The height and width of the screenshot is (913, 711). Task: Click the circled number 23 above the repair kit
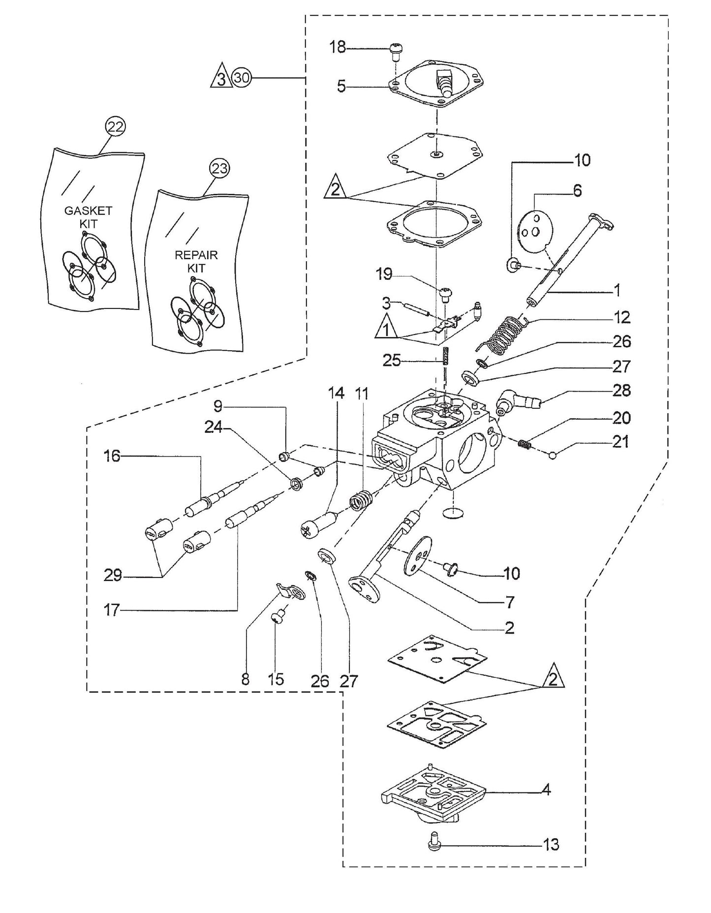tap(219, 169)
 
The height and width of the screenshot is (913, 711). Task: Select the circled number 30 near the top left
tap(242, 78)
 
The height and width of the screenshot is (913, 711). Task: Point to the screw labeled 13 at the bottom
tap(433, 844)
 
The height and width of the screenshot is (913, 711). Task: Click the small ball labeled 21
tap(553, 455)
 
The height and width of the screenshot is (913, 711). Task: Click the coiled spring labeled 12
tap(503, 335)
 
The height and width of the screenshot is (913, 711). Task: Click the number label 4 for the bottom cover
tap(546, 791)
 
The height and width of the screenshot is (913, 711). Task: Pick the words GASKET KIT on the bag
tap(89, 217)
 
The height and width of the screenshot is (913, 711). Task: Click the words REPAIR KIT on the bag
tap(196, 262)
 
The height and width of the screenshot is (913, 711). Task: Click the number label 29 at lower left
tap(113, 575)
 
